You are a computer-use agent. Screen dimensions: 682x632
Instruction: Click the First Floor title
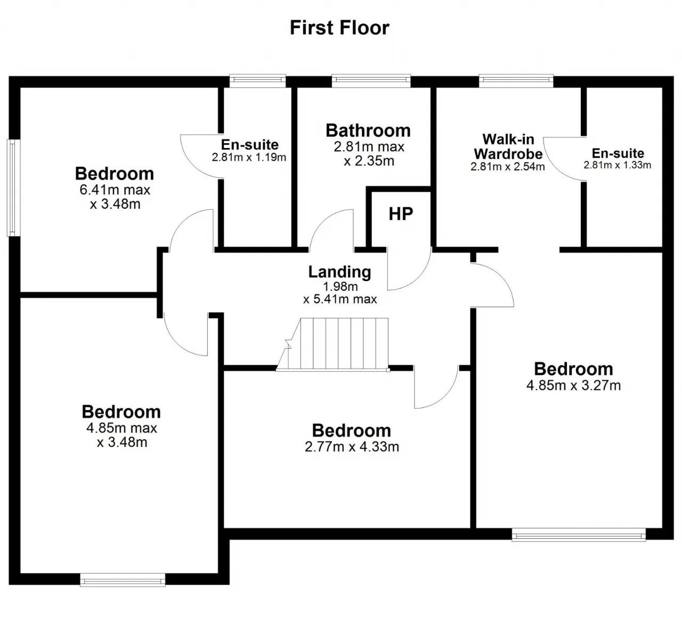(339, 28)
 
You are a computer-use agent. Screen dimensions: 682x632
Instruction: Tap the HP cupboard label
(401, 214)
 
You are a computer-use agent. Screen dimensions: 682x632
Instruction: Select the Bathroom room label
(368, 130)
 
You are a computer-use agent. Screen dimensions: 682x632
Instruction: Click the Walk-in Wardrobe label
(508, 146)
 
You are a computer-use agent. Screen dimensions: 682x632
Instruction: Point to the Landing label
(339, 272)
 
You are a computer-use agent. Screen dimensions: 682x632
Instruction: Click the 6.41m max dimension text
(115, 190)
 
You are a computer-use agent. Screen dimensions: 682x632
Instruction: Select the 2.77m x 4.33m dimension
(352, 447)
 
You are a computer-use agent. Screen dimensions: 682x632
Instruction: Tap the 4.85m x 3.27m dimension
(573, 385)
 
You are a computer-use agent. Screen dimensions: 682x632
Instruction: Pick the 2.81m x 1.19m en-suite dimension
(249, 157)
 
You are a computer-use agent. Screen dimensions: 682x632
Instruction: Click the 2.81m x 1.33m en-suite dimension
(618, 165)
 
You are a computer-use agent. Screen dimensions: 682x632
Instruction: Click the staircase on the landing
(332, 344)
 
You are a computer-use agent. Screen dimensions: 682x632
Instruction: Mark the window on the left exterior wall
(13, 188)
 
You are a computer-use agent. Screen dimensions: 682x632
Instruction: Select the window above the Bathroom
(371, 80)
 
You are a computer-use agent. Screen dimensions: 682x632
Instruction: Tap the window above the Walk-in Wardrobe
(516, 80)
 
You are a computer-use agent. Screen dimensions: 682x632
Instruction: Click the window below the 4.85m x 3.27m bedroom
(579, 535)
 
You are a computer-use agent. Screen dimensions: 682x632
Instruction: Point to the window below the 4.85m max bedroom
(123, 580)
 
